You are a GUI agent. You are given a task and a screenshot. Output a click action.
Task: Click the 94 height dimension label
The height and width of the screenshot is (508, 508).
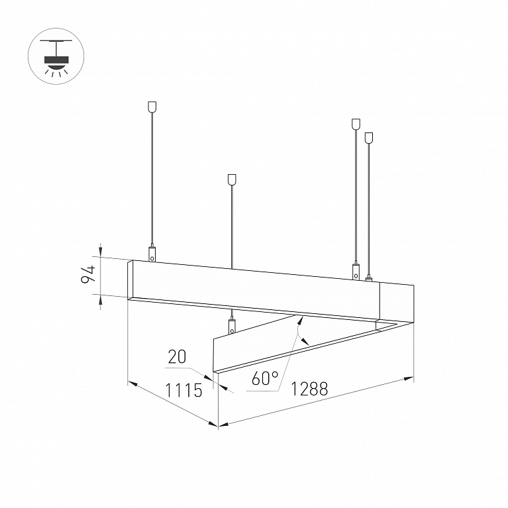point(88,275)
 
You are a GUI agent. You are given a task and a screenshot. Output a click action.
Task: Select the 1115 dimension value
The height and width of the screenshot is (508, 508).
point(183,389)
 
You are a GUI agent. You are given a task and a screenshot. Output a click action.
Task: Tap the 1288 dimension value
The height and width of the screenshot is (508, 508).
point(309,388)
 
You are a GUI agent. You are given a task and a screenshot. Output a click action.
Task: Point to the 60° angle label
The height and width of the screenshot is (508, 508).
point(265,378)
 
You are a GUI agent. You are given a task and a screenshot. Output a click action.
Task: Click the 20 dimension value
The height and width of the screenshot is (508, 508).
point(178,357)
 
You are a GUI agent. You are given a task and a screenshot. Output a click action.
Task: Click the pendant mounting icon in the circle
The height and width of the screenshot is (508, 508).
point(56,56)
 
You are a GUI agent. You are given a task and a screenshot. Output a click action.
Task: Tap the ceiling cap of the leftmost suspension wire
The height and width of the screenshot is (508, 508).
point(152,107)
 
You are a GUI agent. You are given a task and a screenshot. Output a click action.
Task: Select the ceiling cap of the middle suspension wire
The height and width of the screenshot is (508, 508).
point(232,179)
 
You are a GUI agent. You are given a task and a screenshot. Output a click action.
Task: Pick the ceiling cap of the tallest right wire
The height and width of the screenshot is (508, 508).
point(356,125)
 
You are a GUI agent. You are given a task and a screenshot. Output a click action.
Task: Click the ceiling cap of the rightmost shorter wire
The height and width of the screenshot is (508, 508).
point(368,138)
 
